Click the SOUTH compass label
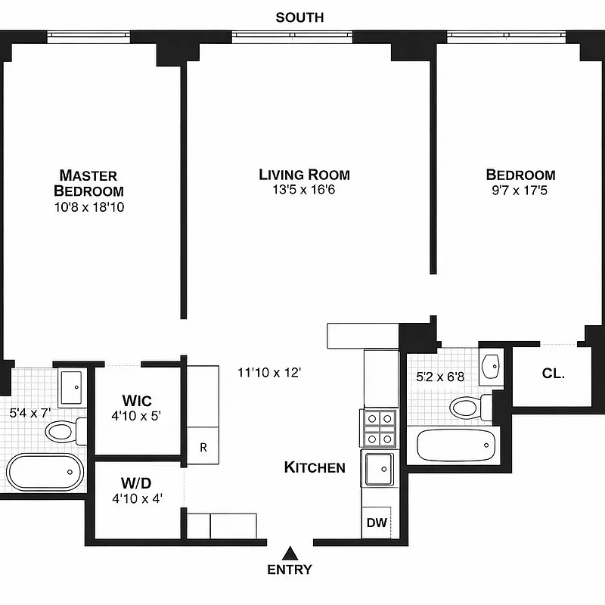pos(299,17)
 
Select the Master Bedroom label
pos(88,183)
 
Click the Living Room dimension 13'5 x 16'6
pos(304,190)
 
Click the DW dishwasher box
pos(376,523)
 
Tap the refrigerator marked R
pos(203,446)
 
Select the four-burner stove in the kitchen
pos(380,428)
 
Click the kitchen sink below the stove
pos(379,468)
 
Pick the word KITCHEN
pos(315,467)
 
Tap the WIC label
pos(137,400)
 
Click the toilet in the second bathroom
pos(467,408)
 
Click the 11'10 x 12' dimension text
pos(269,372)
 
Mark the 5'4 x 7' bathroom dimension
pos(29,414)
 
